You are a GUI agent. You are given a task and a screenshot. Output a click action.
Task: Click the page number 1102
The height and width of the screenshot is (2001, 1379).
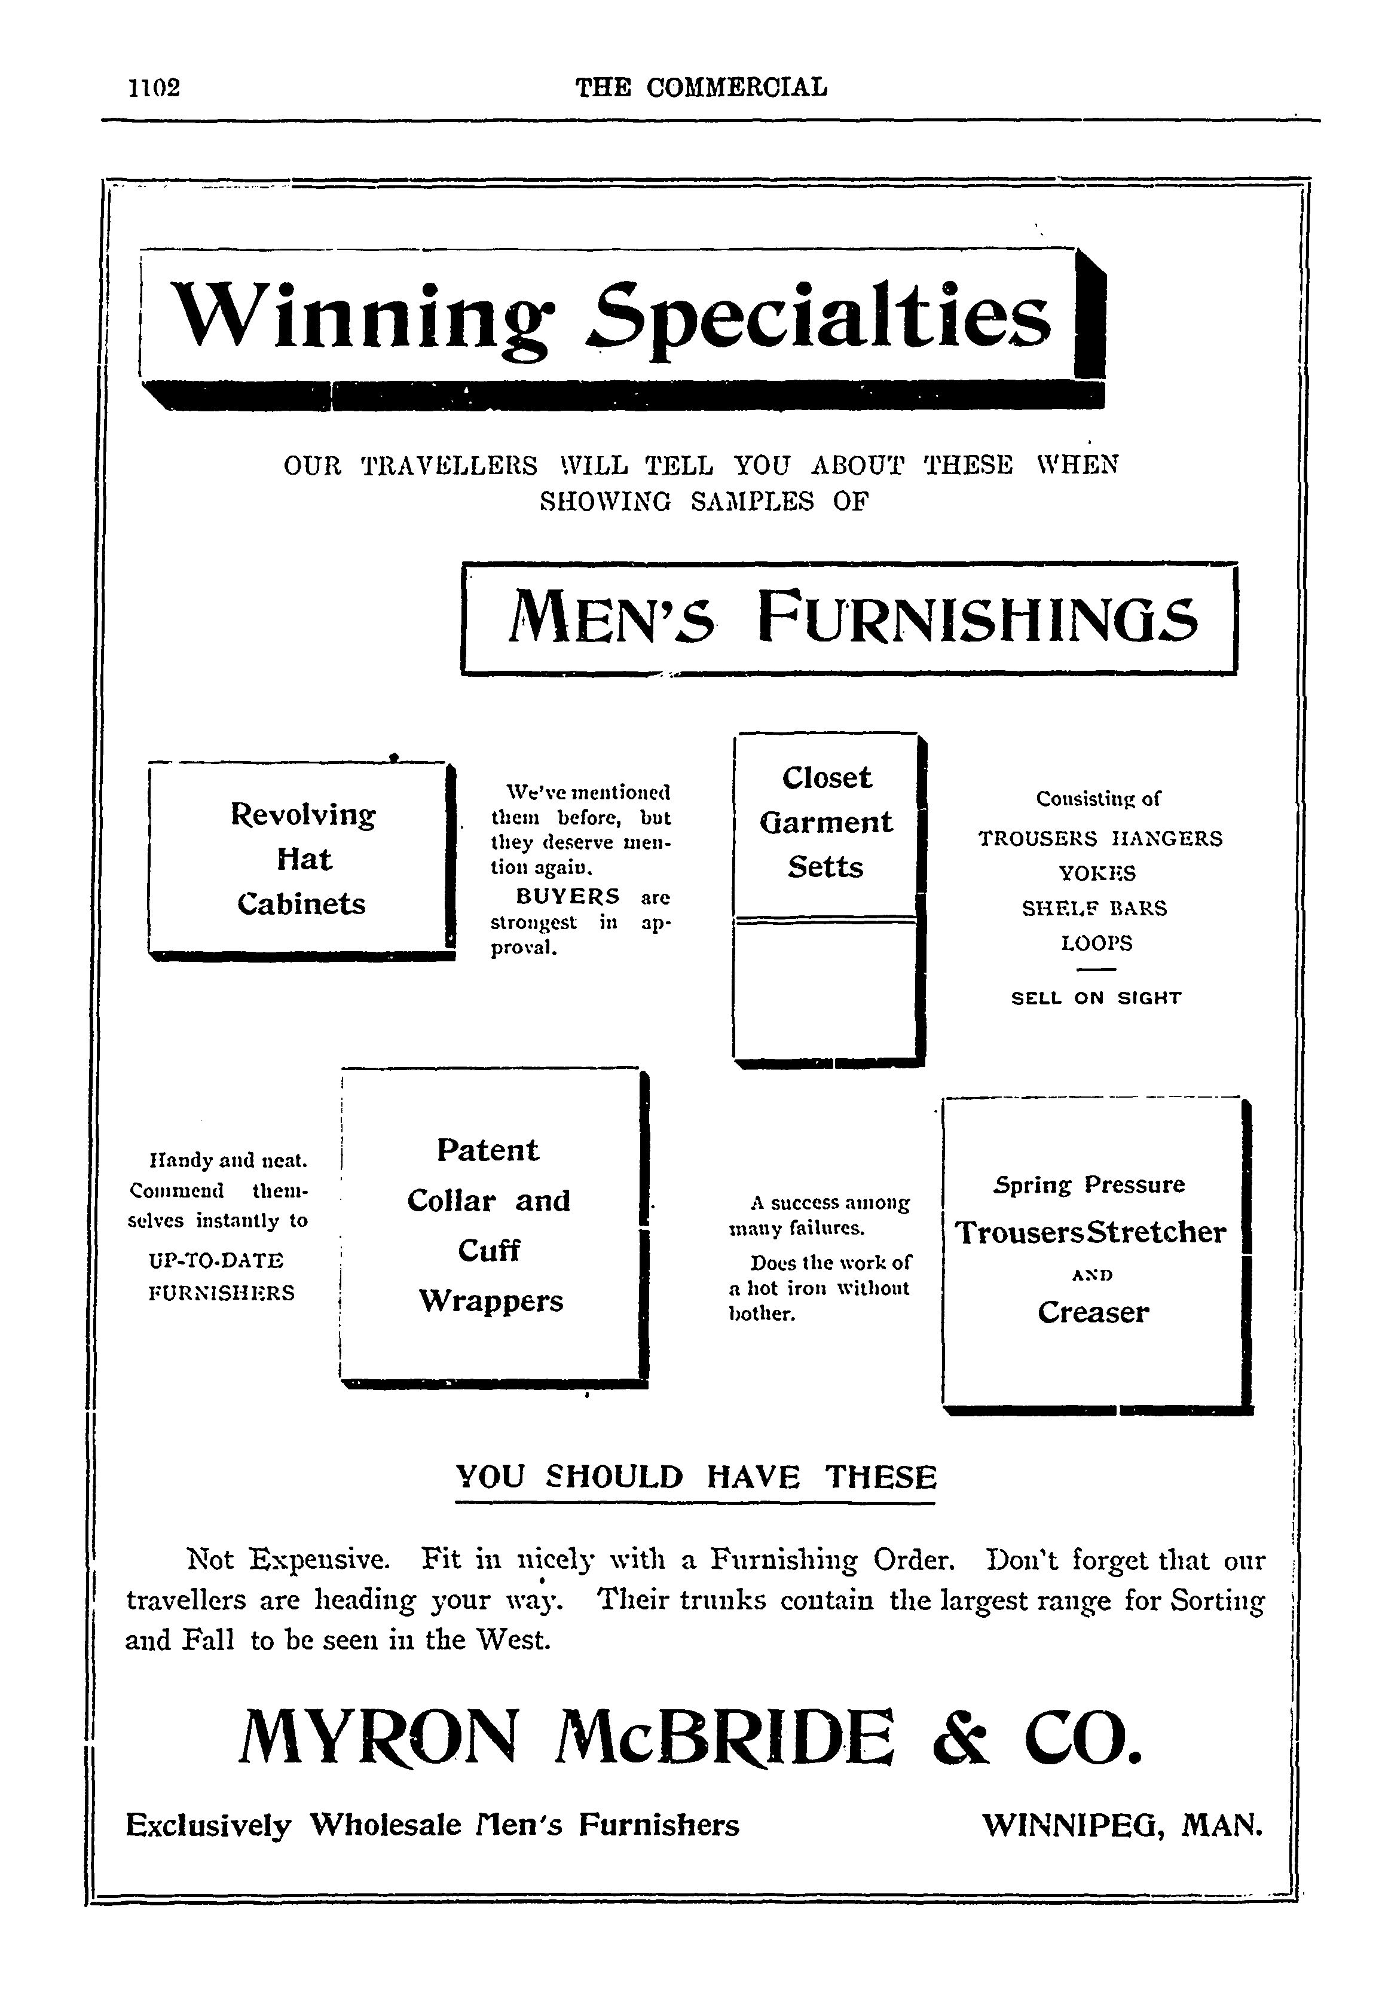click(x=154, y=87)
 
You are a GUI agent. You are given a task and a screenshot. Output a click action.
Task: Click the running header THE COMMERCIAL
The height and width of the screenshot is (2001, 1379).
click(x=701, y=87)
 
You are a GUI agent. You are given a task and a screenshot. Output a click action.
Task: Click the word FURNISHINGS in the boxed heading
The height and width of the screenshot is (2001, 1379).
click(x=978, y=618)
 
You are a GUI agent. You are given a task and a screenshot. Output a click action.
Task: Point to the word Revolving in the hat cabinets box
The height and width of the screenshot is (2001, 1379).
click(x=303, y=815)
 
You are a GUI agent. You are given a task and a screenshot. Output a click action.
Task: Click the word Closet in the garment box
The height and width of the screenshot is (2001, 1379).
click(x=827, y=778)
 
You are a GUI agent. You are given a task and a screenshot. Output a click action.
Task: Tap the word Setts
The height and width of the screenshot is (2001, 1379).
click(x=825, y=866)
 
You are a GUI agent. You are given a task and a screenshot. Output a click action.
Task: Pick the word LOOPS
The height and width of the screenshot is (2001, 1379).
click(x=1096, y=943)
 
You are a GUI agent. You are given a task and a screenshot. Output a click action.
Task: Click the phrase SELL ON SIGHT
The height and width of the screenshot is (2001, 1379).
click(x=1096, y=998)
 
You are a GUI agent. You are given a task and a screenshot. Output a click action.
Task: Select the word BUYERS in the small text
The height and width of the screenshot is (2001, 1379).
click(x=568, y=896)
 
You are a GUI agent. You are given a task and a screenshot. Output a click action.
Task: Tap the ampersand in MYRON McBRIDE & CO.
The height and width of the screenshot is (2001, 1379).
click(x=960, y=1737)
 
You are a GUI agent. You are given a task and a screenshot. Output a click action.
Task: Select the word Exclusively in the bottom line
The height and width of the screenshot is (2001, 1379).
click(x=208, y=1826)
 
